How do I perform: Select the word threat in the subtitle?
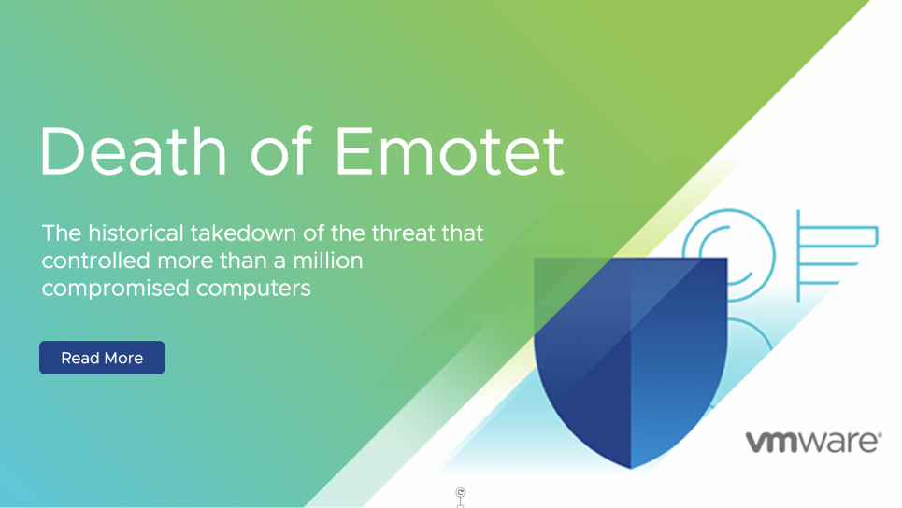coord(407,233)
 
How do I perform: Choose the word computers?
coord(253,289)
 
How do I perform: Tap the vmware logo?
coord(809,442)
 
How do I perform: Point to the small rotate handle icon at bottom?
coord(460,494)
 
